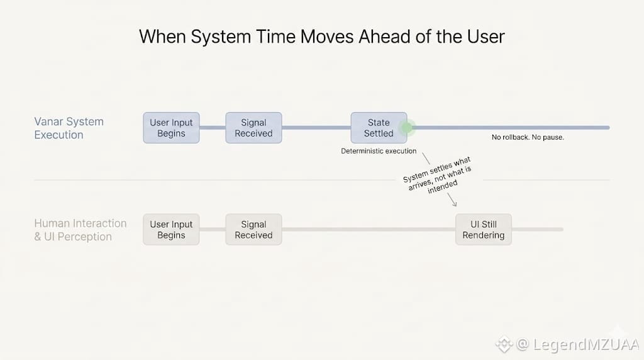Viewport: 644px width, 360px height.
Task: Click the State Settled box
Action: pos(379,128)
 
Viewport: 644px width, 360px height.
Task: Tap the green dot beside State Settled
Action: pos(407,128)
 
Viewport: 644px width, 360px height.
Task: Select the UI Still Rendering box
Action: pos(484,230)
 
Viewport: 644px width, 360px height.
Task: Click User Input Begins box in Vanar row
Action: pos(171,128)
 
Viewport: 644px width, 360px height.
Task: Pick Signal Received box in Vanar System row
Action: pos(253,128)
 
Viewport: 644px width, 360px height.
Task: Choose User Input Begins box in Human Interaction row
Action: pos(171,230)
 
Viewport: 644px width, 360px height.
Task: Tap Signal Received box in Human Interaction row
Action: pos(253,230)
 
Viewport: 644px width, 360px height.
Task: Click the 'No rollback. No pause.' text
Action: pos(528,137)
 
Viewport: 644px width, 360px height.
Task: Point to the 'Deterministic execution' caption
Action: pos(379,151)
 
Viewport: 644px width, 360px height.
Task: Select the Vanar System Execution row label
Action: pos(69,128)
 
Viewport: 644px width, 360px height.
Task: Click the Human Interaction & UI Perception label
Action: pos(80,230)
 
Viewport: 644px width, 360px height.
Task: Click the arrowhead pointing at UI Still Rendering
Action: pos(453,203)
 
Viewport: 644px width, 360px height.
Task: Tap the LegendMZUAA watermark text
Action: pos(586,344)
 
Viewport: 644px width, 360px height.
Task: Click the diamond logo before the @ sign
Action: pos(504,344)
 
